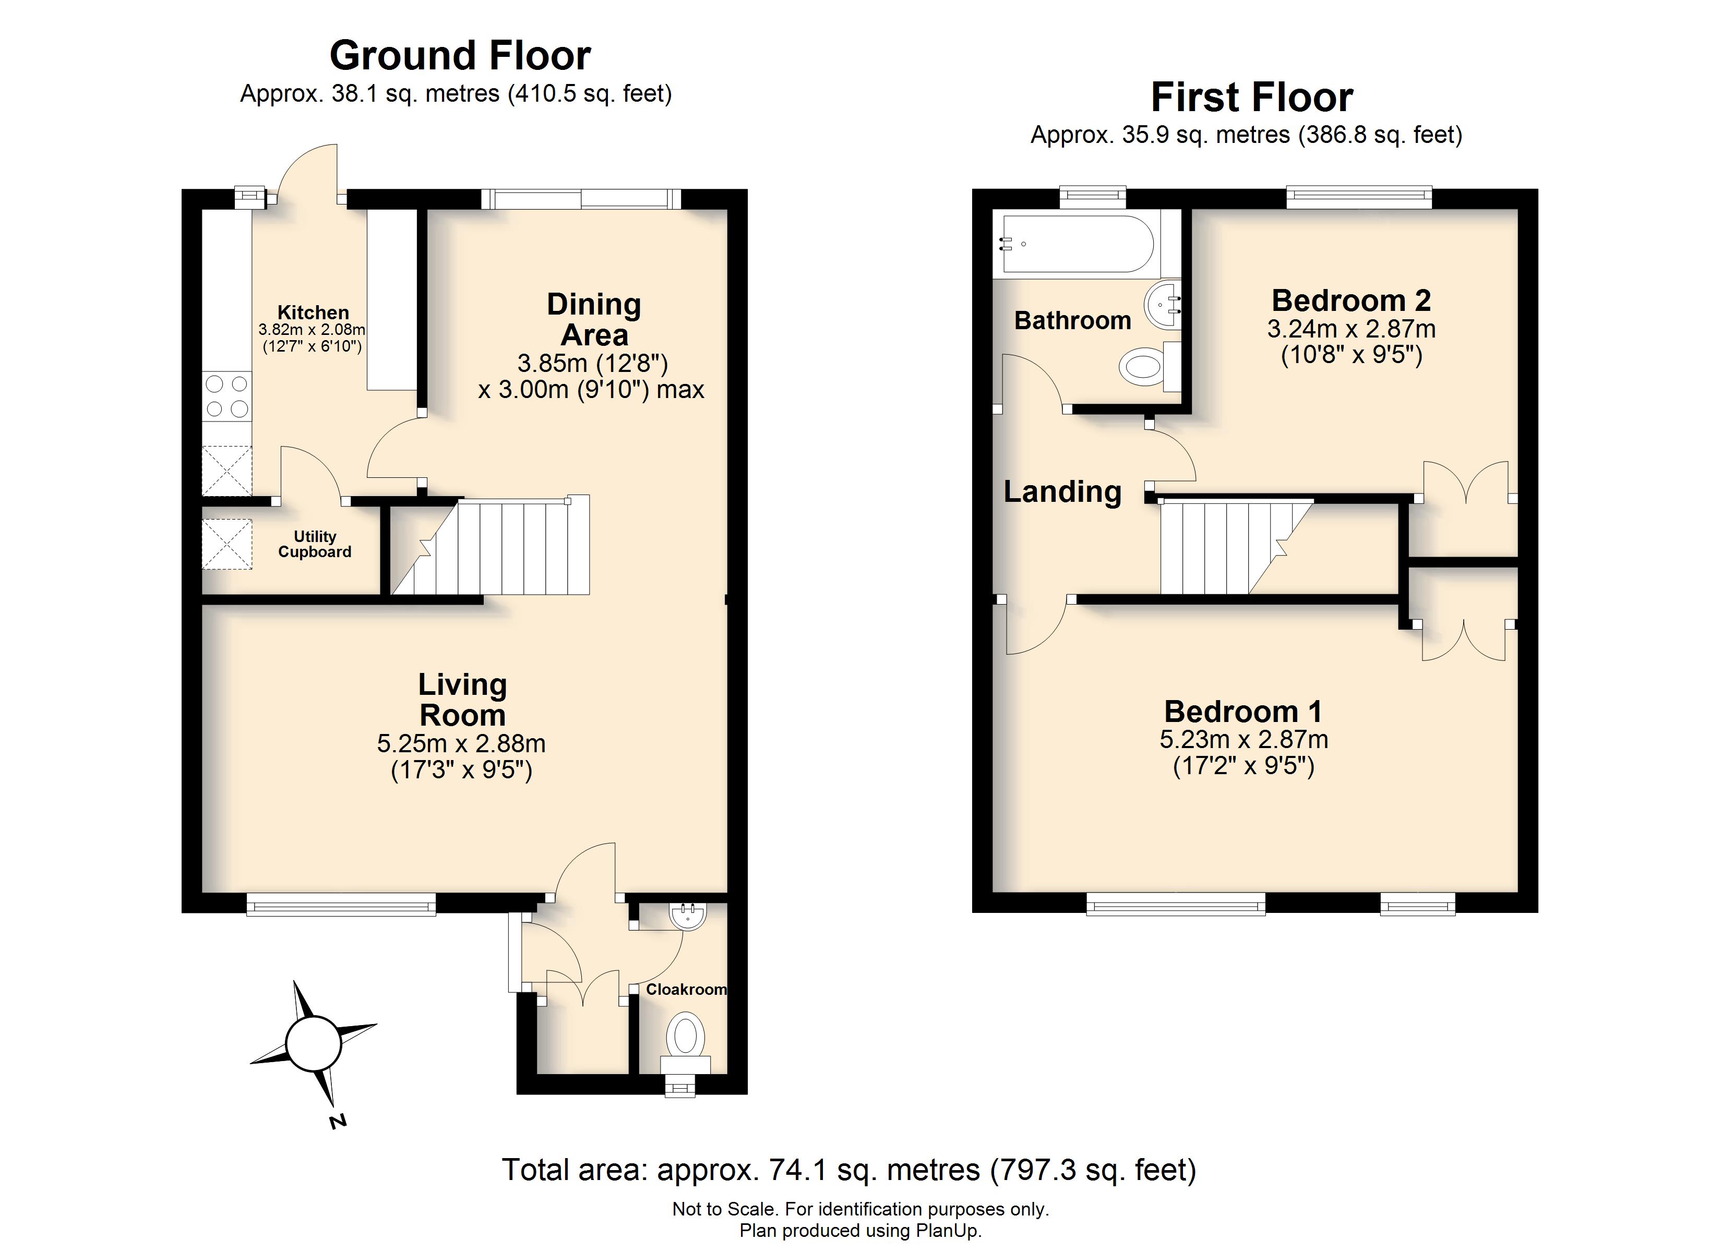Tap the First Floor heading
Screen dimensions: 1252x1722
click(x=1251, y=97)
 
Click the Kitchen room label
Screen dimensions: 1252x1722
click(x=313, y=312)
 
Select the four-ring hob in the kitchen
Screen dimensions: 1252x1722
click(x=227, y=395)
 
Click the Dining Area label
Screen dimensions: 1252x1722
click(x=594, y=319)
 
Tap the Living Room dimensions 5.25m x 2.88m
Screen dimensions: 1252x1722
click(x=461, y=743)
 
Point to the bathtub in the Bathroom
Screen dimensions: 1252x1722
click(x=1078, y=244)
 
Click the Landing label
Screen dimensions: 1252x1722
click(x=1062, y=492)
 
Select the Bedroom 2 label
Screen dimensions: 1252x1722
click(x=1350, y=300)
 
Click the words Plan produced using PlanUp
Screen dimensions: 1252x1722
click(x=860, y=1231)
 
